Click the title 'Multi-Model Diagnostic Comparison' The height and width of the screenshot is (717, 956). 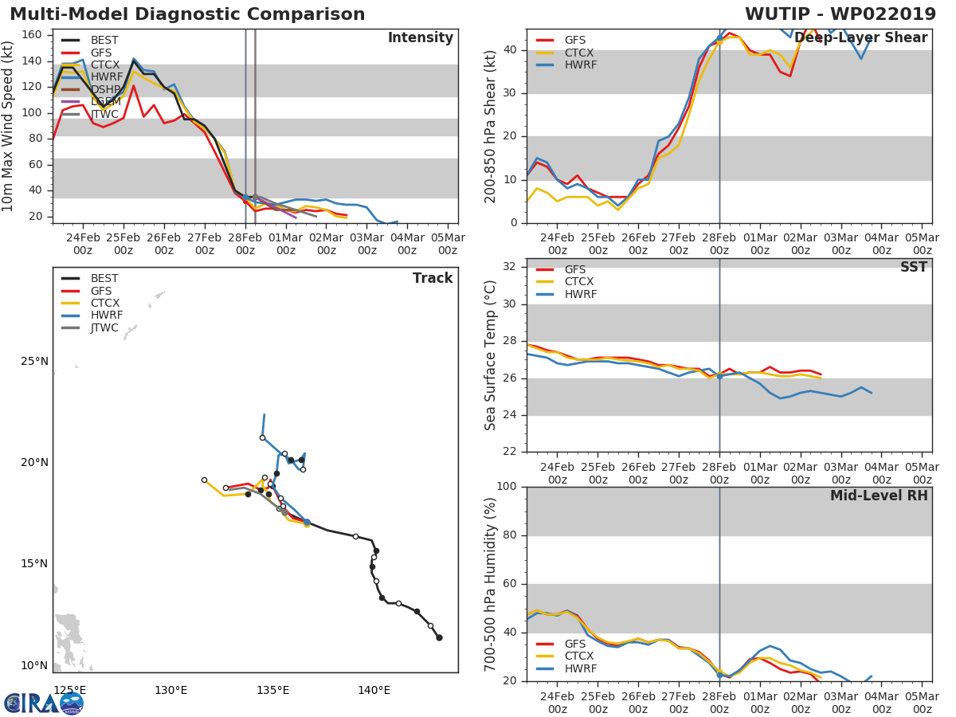(x=187, y=14)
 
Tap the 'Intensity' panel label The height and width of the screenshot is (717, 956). (x=420, y=38)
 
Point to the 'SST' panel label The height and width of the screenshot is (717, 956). (x=913, y=268)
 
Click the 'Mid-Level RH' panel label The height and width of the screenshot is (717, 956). (x=879, y=496)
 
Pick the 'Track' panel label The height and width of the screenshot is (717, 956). (x=433, y=278)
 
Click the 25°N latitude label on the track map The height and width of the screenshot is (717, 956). (x=34, y=361)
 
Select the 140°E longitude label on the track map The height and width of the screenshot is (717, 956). (x=374, y=689)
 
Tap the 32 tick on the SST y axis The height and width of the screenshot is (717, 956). (x=512, y=267)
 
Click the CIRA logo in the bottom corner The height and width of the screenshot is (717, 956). (x=44, y=703)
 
